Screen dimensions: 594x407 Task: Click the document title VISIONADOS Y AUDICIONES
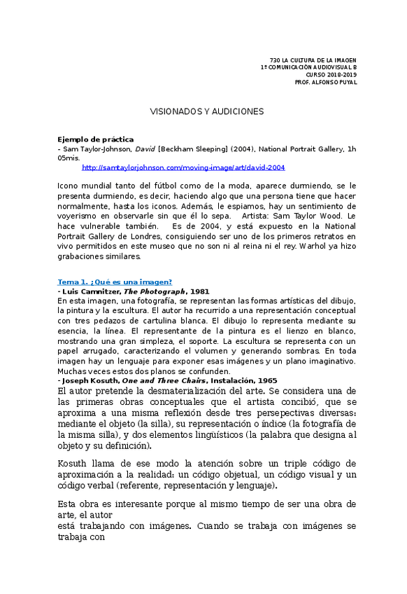pos(207,111)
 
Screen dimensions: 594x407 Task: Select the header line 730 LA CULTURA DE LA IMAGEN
pos(313,61)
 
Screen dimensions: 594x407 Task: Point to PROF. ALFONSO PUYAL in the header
pos(326,82)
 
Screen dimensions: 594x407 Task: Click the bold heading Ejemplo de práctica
pos(95,139)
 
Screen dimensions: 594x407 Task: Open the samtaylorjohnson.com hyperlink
pos(183,168)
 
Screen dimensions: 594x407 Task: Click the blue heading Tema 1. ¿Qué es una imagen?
pos(115,282)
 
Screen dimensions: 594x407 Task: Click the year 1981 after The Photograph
pos(199,291)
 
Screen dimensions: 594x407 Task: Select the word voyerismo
pos(81,217)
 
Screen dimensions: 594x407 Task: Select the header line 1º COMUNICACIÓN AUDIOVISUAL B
pos(308,68)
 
